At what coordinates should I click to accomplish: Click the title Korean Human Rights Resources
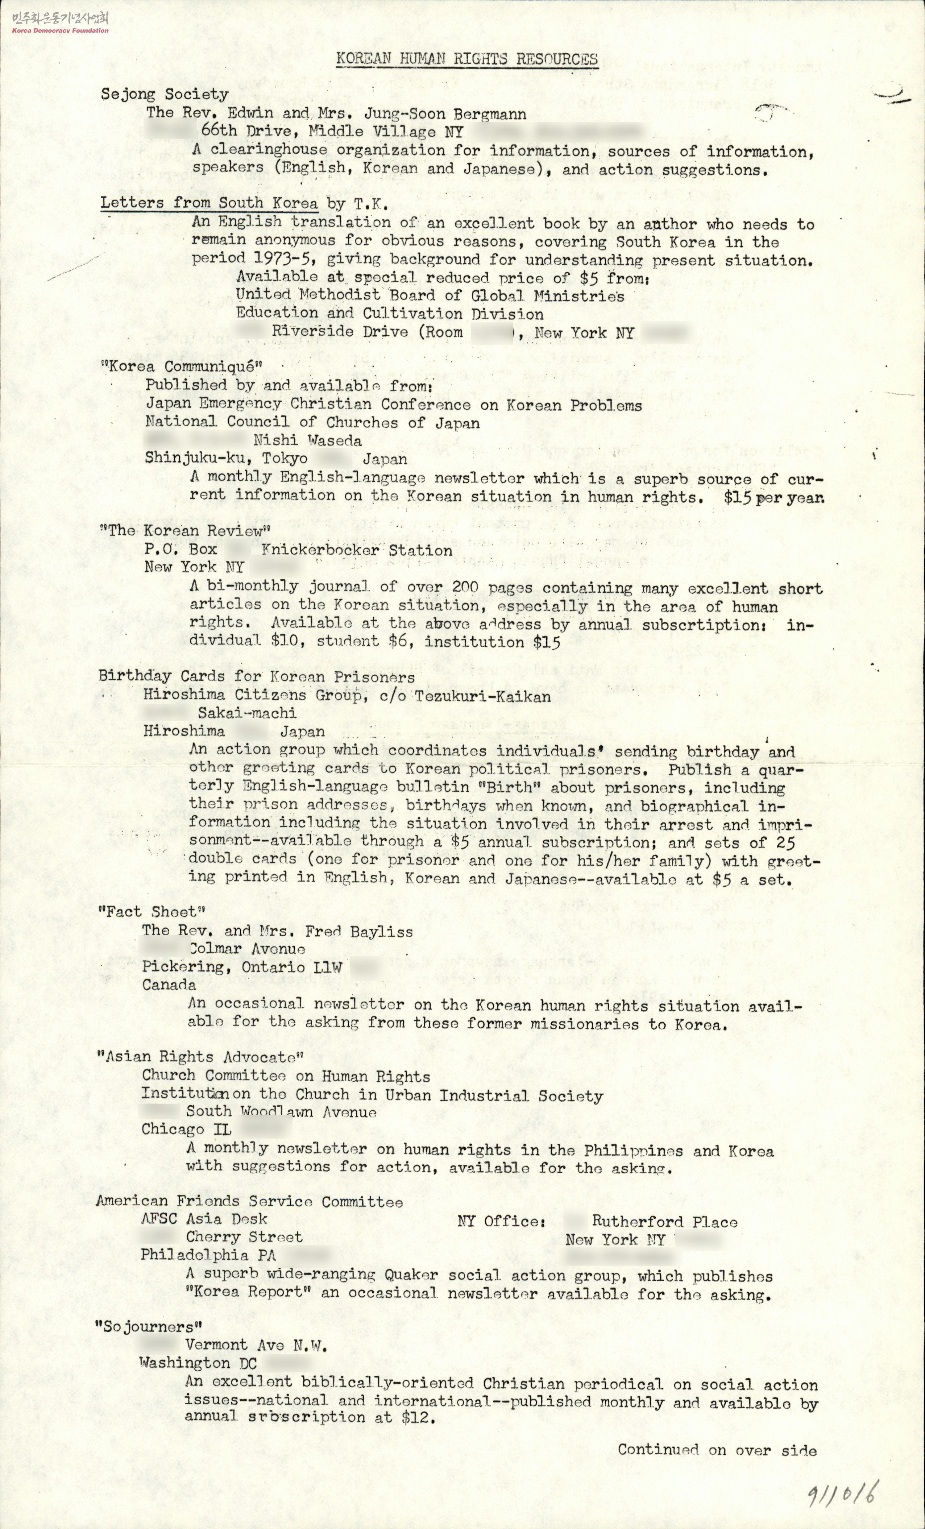point(466,59)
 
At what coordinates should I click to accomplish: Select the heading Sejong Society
point(165,94)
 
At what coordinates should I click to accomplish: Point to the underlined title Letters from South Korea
point(209,203)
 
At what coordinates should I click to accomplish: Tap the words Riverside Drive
point(339,332)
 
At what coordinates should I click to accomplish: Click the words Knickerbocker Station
point(356,550)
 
